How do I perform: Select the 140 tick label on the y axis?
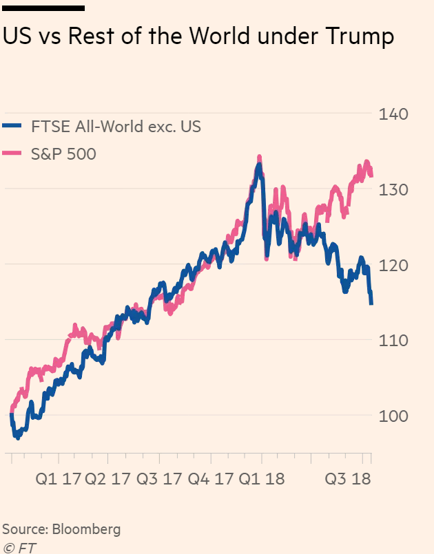coord(393,114)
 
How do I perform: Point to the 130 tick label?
coord(393,190)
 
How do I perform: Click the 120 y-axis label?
coord(393,266)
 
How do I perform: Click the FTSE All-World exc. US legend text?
coord(116,127)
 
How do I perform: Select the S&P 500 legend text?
coord(63,154)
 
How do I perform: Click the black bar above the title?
coord(43,8)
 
